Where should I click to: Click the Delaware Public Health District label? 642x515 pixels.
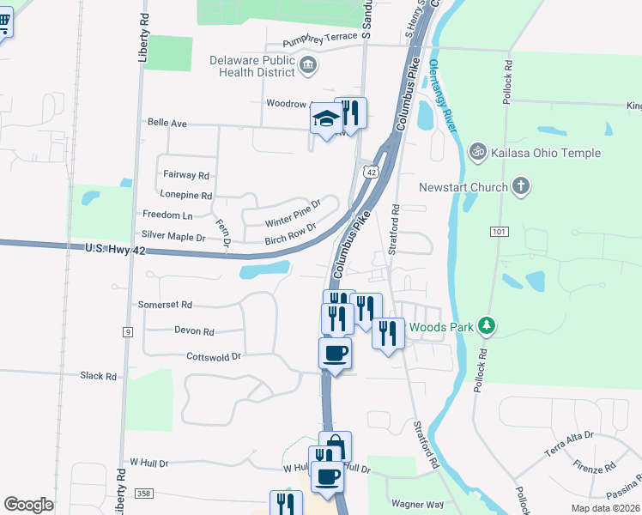[253, 66]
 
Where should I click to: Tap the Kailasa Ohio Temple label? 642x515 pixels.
[545, 153]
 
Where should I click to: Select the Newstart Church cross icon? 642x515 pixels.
[521, 186]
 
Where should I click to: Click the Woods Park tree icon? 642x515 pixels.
[488, 326]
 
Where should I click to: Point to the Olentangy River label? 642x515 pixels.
[440, 94]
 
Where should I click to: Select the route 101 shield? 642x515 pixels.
[500, 232]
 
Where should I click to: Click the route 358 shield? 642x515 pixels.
[144, 494]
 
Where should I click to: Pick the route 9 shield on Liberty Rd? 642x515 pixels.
[127, 331]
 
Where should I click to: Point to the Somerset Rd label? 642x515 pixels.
[165, 305]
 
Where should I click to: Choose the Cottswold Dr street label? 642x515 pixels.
[215, 355]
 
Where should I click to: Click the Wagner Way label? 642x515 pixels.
[417, 505]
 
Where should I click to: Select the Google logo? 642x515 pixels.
[28, 505]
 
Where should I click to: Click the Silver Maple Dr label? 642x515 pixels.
[173, 236]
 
